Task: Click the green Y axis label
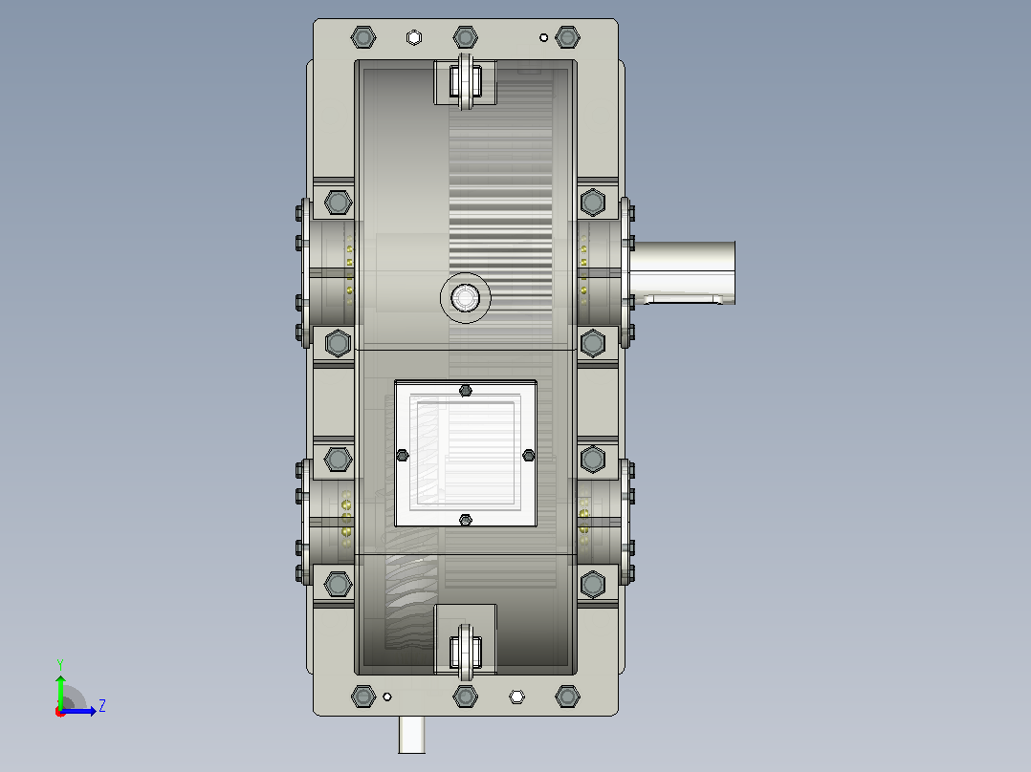pyautogui.click(x=60, y=664)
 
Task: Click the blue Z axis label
pyautogui.click(x=102, y=706)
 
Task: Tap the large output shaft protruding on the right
pyautogui.click(x=683, y=272)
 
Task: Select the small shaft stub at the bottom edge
pyautogui.click(x=411, y=735)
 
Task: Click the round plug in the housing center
pyautogui.click(x=466, y=298)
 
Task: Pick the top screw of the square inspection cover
pyautogui.click(x=466, y=391)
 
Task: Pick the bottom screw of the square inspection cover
pyautogui.click(x=466, y=521)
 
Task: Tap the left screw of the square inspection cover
pyautogui.click(x=403, y=456)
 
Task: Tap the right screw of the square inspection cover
pyautogui.click(x=528, y=456)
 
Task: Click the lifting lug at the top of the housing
pyautogui.click(x=466, y=81)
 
